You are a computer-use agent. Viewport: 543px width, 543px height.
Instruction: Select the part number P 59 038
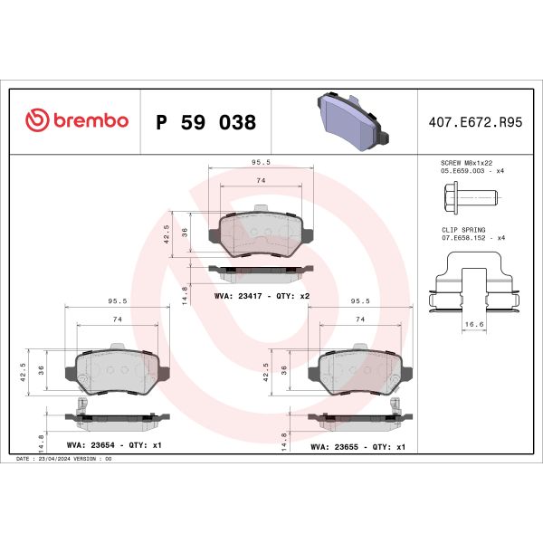click(x=205, y=122)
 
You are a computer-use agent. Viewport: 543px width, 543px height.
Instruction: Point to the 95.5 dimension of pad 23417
click(x=262, y=163)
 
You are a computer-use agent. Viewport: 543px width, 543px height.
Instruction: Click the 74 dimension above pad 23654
click(x=117, y=320)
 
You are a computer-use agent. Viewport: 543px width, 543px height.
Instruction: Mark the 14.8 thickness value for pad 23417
click(x=185, y=293)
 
